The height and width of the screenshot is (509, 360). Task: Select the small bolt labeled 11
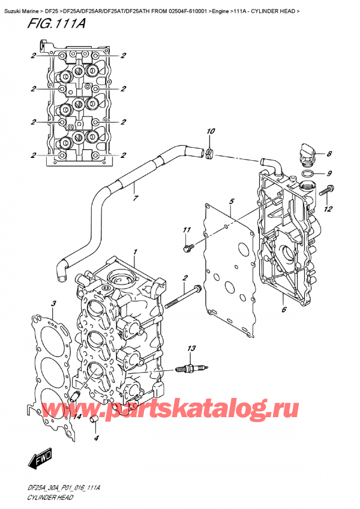(188, 245)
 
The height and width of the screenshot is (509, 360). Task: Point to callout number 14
(77, 415)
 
